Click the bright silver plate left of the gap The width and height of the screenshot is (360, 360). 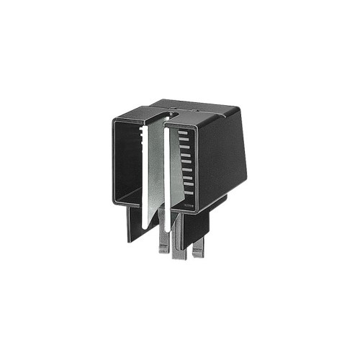point(153,173)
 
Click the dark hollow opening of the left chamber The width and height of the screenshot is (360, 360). point(130,162)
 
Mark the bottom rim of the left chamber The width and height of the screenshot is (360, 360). point(130,202)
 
